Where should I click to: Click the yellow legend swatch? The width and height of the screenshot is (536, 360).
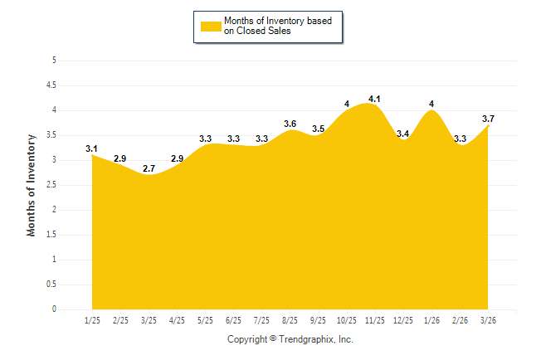tap(211, 26)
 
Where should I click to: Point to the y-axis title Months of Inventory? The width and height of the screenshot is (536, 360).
tap(32, 186)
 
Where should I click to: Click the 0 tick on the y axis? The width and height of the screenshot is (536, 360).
tap(54, 309)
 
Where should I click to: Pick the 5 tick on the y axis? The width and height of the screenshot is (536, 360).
tap(54, 61)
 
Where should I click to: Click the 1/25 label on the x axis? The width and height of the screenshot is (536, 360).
tap(92, 320)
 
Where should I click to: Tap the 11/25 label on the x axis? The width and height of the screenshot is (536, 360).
tap(374, 320)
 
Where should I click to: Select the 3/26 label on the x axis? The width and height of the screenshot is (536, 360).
tap(488, 320)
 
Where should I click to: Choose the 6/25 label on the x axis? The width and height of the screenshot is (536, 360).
tap(233, 320)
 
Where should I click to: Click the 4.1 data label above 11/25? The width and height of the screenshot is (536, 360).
tap(374, 100)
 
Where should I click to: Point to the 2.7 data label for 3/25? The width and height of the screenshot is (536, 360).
tap(149, 169)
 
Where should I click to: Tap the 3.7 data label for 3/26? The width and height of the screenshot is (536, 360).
tap(488, 119)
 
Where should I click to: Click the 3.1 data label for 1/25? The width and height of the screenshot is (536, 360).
tap(92, 149)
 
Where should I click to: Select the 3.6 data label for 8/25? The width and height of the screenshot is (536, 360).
tap(290, 124)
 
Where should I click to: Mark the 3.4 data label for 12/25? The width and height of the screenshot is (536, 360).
tap(403, 134)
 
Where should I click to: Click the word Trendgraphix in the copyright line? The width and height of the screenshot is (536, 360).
tap(307, 340)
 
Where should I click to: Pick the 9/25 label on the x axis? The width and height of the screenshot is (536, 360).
tap(318, 320)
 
